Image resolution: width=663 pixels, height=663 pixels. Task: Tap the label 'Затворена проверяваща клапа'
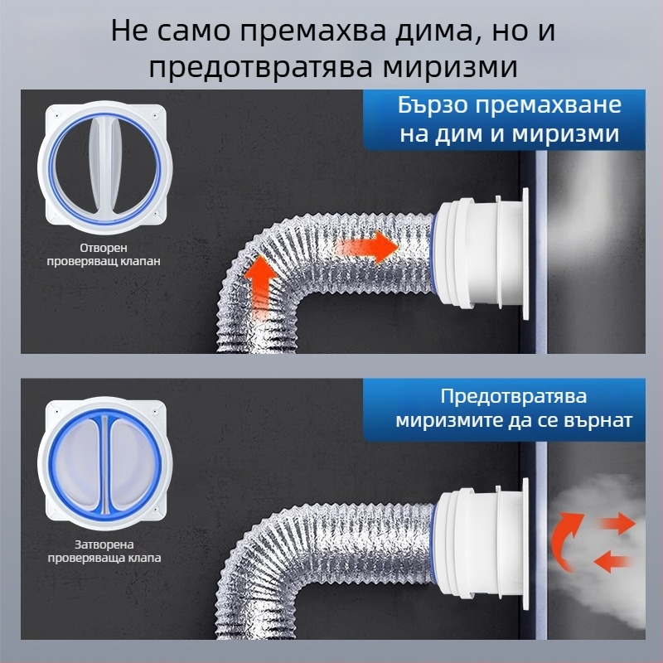click(104, 551)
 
